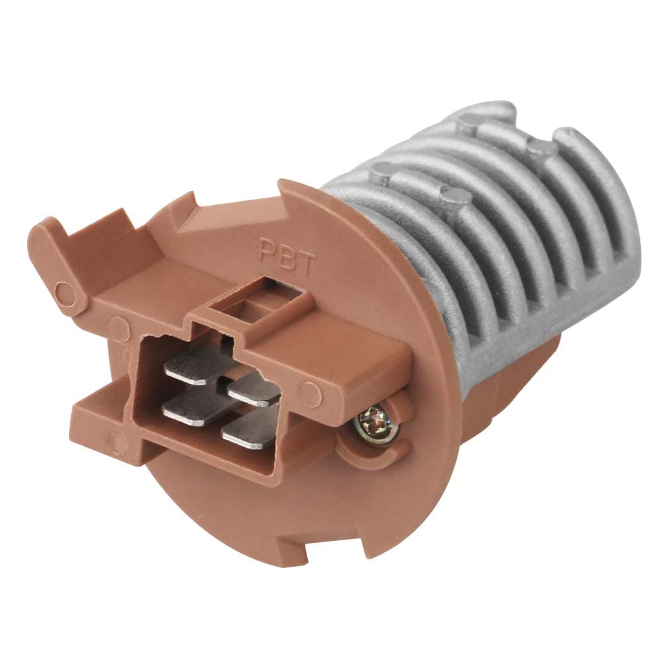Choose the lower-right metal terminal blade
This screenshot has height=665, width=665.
click(x=250, y=431)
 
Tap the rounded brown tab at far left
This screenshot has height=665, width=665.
click(x=57, y=266)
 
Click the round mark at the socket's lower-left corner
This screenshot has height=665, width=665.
click(x=118, y=439)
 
